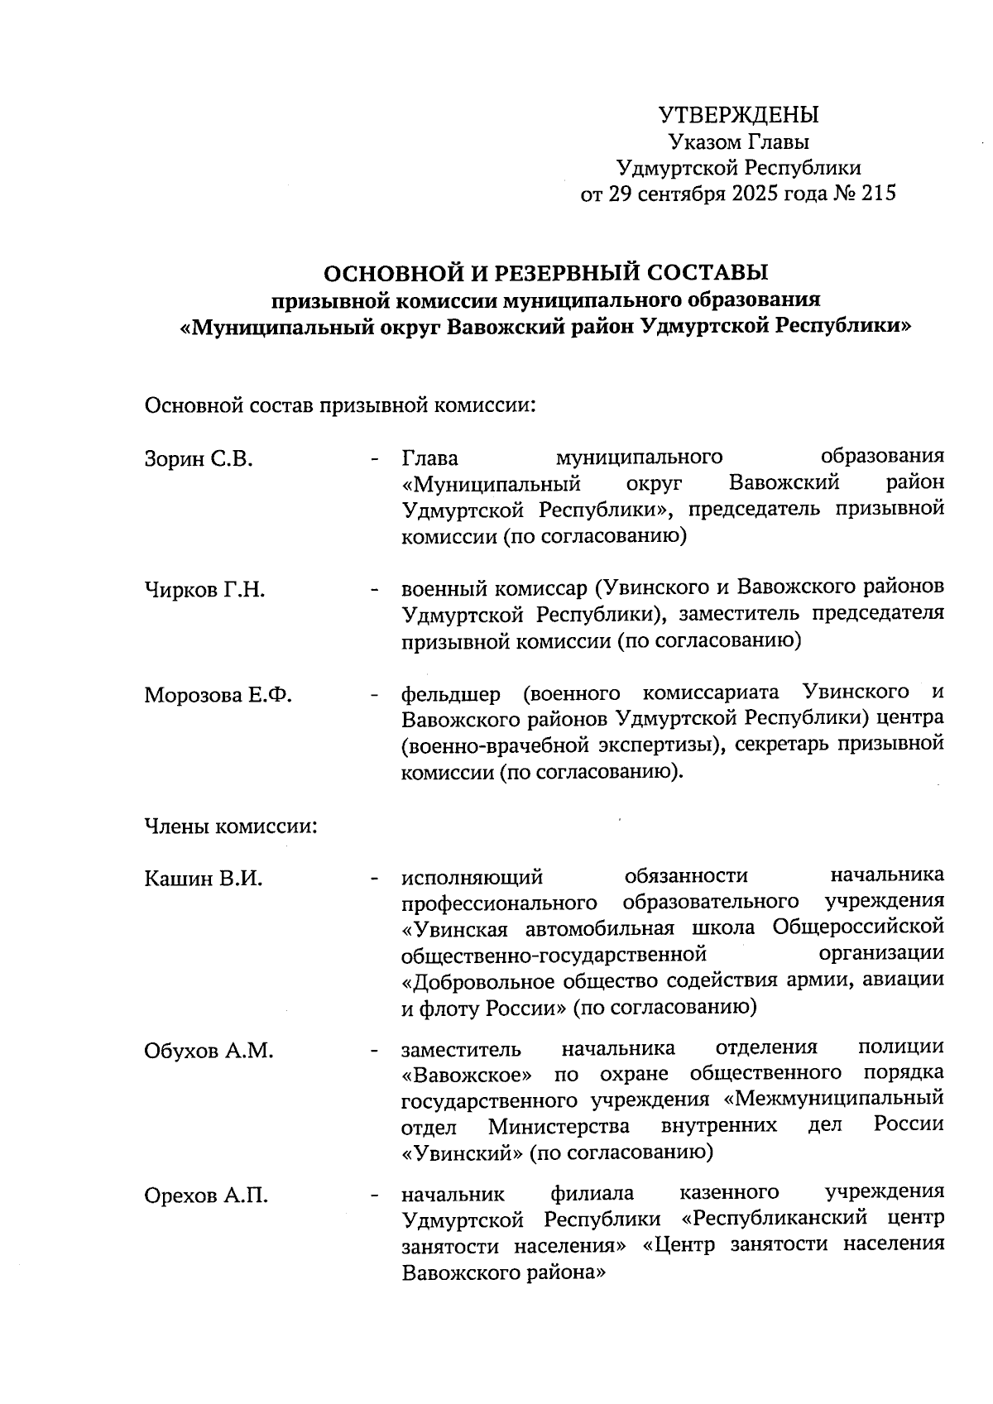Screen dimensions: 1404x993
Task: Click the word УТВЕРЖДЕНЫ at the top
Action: [738, 114]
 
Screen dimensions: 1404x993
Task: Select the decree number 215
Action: [878, 194]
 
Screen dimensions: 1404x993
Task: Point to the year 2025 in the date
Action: [751, 194]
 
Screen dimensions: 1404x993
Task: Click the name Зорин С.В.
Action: [199, 458]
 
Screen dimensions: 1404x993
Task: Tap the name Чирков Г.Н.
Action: [204, 591]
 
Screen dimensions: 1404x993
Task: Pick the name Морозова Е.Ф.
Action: [218, 694]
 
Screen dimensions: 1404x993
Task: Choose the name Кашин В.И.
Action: [203, 879]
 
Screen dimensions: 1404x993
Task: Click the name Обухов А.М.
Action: [208, 1051]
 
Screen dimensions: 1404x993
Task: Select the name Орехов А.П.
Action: [206, 1196]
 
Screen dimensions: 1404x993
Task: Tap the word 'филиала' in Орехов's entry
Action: [592, 1193]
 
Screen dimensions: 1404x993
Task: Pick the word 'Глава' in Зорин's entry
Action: [430, 458]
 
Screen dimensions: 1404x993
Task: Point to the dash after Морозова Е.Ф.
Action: [376, 695]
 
